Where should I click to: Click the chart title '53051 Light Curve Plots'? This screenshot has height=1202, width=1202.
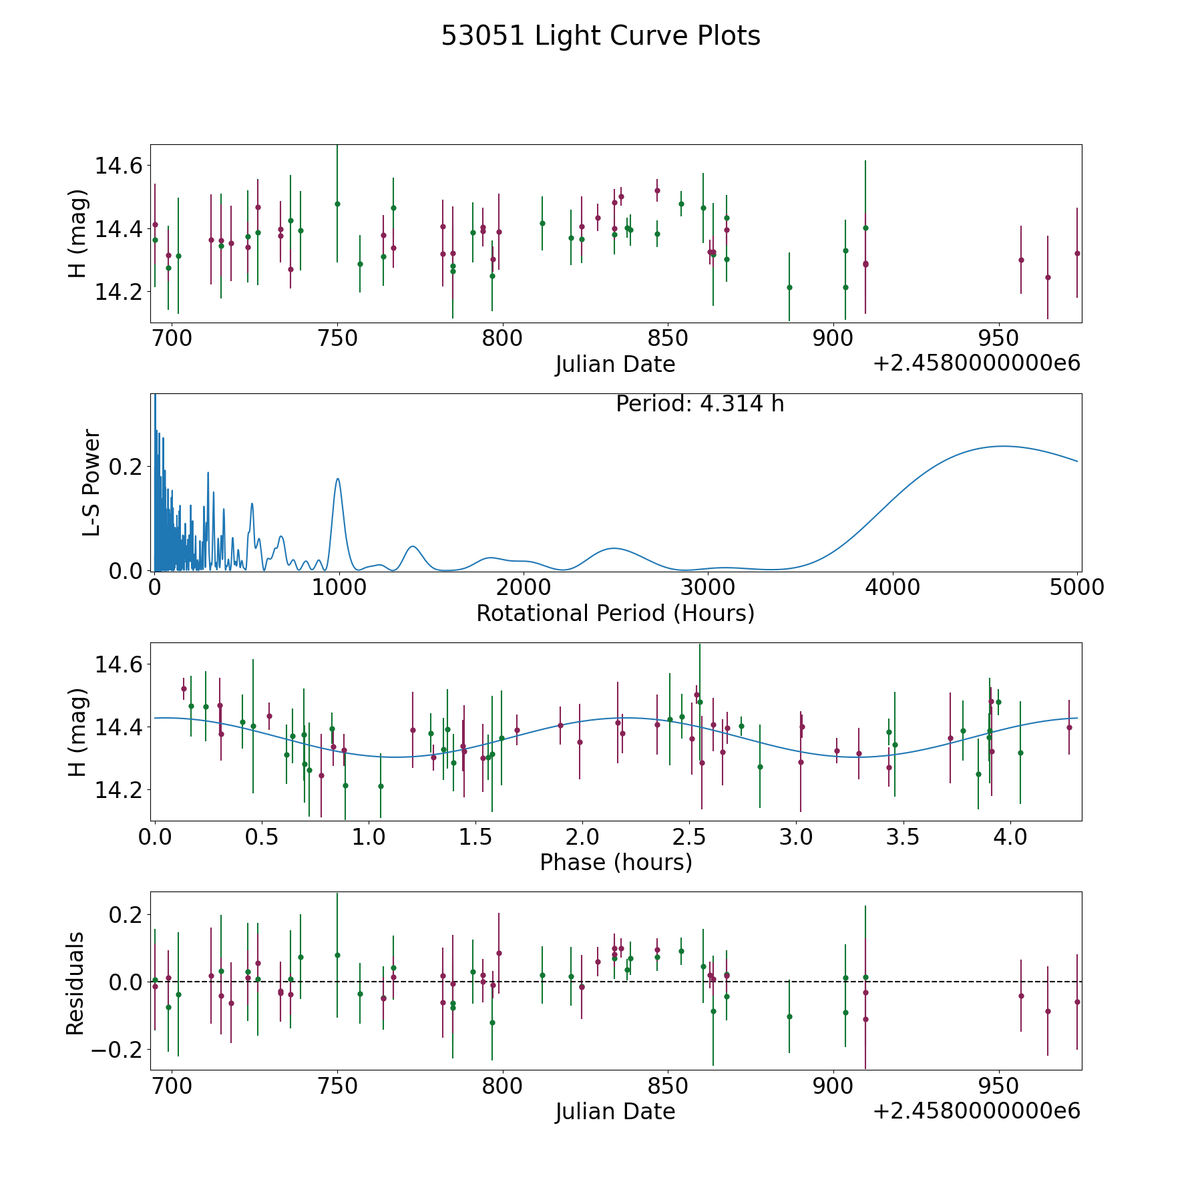click(600, 36)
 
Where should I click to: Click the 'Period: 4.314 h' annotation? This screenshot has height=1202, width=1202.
click(700, 404)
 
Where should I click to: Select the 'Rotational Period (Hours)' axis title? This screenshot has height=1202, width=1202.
click(615, 613)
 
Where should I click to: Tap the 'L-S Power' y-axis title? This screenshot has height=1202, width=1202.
click(91, 483)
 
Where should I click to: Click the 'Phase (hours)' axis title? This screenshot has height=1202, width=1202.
click(616, 862)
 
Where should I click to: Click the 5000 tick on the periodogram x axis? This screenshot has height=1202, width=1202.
click(1078, 588)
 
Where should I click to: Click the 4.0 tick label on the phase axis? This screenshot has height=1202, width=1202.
click(1010, 837)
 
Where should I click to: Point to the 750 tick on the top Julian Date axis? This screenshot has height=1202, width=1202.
click(337, 339)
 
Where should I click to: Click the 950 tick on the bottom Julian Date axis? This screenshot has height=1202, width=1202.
click(998, 1086)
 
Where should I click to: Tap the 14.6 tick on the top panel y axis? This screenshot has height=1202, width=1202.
click(119, 166)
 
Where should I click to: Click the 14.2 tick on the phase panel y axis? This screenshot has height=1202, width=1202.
click(119, 790)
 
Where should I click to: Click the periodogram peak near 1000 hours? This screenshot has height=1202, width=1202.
click(338, 478)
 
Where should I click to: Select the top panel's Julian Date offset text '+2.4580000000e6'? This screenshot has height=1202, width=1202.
click(977, 363)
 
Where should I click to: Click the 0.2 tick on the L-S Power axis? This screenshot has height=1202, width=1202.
click(127, 467)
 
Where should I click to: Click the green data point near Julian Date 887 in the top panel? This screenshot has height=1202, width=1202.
click(789, 287)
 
